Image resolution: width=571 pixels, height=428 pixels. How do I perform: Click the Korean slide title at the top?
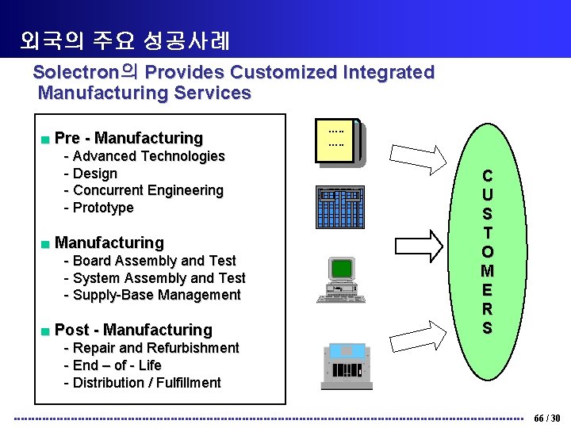click(125, 40)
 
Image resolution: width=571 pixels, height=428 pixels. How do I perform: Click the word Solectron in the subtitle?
click(77, 72)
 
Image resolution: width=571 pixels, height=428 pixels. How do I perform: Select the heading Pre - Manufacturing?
click(128, 139)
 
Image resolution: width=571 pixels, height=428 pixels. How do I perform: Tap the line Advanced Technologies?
click(148, 156)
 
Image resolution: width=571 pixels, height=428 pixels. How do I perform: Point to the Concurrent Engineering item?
click(148, 190)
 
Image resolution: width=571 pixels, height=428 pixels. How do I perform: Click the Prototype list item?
click(103, 208)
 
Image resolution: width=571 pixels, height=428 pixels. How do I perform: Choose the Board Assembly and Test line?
click(154, 261)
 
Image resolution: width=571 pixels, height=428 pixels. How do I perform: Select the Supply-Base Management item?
click(156, 295)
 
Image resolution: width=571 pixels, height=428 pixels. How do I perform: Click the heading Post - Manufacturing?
click(133, 330)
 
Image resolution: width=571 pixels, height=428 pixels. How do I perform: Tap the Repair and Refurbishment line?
click(155, 348)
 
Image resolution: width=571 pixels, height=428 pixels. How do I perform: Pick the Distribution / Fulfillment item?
click(147, 383)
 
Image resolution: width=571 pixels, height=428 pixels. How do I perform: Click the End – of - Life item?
click(117, 365)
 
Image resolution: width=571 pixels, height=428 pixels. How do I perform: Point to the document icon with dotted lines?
click(339, 143)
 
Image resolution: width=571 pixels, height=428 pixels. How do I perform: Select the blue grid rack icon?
click(339, 207)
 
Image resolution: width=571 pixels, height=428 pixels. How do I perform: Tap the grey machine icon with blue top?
click(347, 366)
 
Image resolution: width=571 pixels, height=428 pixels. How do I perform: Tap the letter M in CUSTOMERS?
click(487, 271)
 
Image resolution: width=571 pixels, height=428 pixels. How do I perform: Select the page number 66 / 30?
click(547, 418)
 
